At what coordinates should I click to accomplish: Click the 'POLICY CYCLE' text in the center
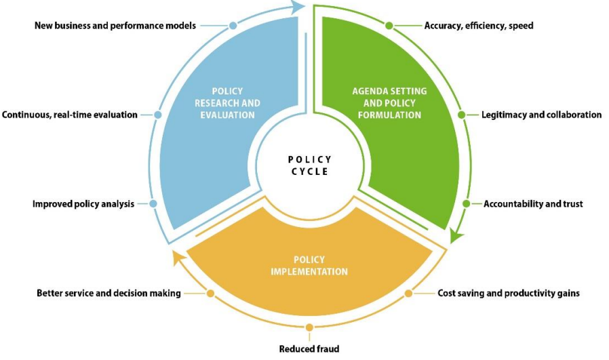click(x=309, y=165)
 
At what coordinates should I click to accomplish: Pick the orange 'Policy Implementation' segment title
click(x=309, y=266)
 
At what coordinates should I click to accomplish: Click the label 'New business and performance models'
click(x=115, y=26)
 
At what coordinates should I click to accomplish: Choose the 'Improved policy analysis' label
click(x=83, y=203)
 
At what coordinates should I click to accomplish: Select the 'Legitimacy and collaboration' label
click(x=541, y=115)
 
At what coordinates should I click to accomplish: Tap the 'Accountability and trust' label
click(x=533, y=203)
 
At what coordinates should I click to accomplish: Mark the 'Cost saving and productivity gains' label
click(x=509, y=294)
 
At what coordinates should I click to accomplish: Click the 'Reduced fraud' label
click(x=309, y=349)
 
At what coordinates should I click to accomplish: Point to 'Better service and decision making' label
click(x=109, y=294)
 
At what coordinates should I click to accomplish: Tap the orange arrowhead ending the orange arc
click(x=178, y=257)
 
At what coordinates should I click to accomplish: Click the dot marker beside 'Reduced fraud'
click(x=309, y=328)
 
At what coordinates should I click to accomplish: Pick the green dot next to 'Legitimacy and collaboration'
click(x=461, y=115)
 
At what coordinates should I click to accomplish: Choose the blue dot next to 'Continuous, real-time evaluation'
click(x=157, y=115)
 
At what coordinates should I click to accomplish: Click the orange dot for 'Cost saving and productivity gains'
click(x=408, y=294)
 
